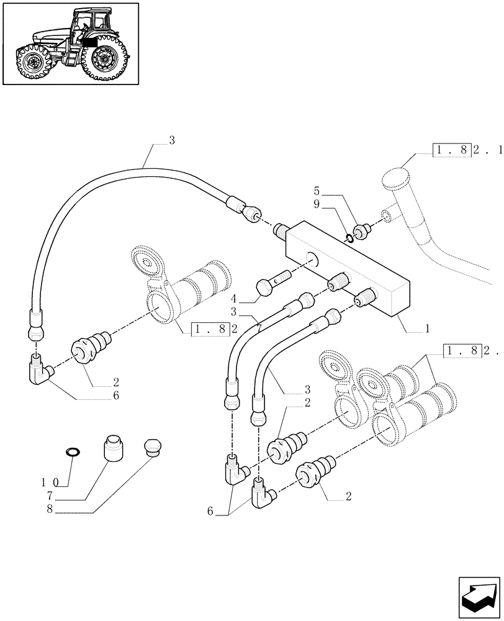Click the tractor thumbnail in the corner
[70, 43]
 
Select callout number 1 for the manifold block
[428, 327]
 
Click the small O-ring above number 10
[72, 450]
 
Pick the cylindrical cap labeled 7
[114, 447]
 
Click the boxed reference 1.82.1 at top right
[460, 151]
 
